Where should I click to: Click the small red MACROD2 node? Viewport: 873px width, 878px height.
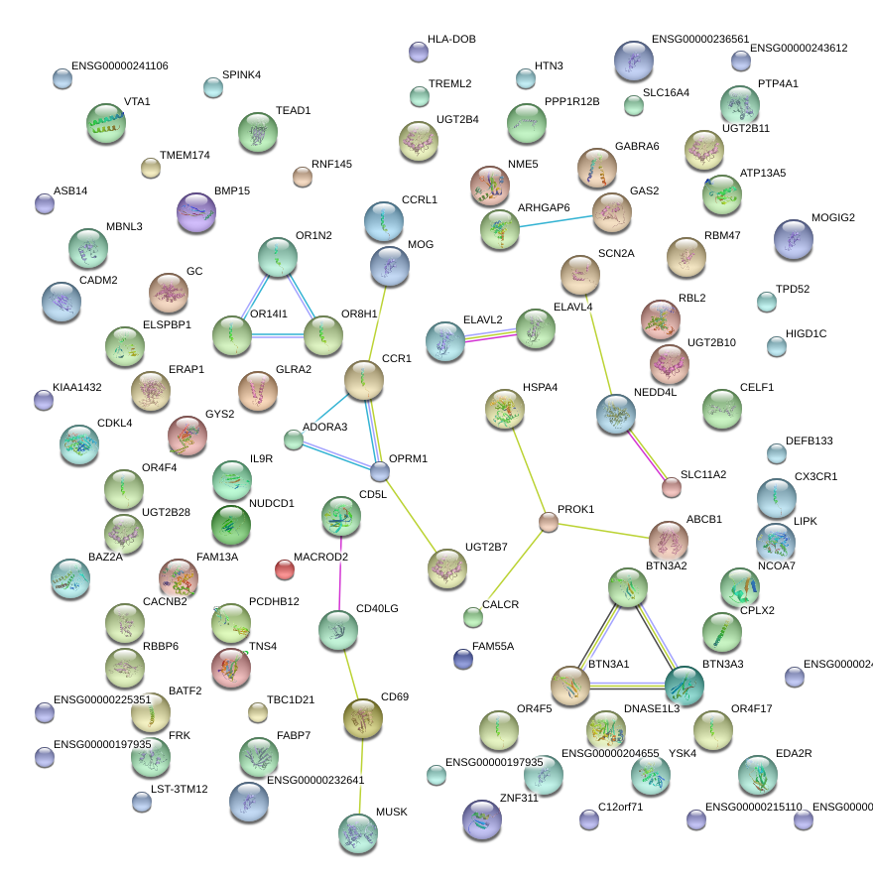(285, 569)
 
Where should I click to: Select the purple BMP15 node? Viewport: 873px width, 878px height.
(195, 213)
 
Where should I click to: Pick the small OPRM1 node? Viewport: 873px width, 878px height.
(380, 471)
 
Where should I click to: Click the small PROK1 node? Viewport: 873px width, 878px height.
(549, 522)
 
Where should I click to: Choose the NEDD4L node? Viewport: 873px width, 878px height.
(616, 415)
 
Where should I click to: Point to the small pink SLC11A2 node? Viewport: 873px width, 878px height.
(672, 487)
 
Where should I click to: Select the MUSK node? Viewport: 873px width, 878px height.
(357, 834)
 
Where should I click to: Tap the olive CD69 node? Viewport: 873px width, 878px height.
(362, 718)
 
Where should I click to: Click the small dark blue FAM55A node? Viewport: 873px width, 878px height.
(462, 658)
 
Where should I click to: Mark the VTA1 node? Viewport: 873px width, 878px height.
(106, 124)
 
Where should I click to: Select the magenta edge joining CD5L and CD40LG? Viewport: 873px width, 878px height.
(340, 574)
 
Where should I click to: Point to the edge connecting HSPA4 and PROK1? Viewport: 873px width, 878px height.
(527, 466)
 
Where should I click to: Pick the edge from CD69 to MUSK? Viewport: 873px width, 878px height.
(360, 776)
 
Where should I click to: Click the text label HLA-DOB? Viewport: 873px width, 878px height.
(451, 40)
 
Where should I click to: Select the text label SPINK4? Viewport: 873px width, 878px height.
(241, 75)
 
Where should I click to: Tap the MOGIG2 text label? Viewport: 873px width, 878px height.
(832, 217)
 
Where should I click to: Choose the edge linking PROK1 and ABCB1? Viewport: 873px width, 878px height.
(608, 532)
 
